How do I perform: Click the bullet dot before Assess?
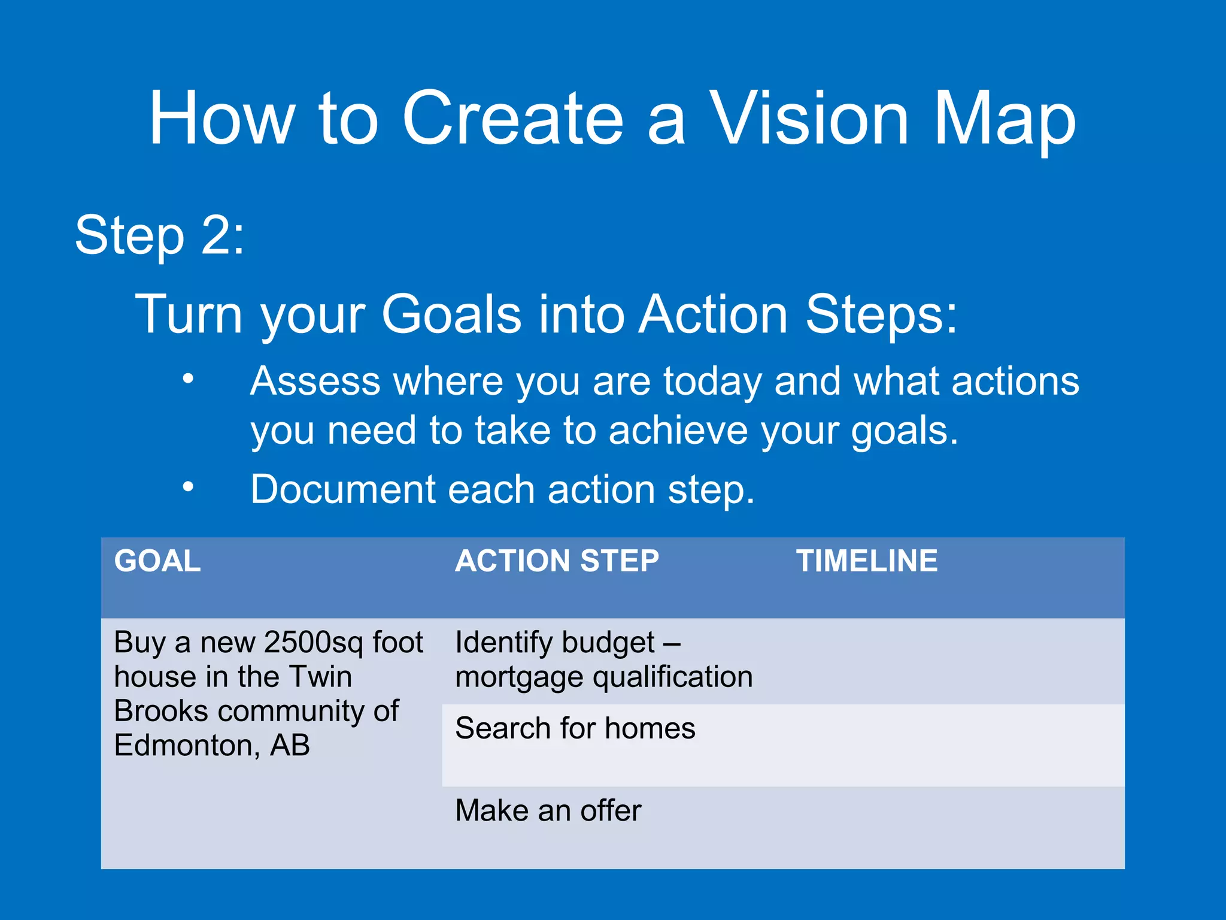click(189, 378)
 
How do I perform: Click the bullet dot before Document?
click(189, 486)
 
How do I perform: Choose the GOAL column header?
click(157, 561)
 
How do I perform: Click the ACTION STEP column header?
click(557, 561)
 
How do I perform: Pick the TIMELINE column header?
click(866, 561)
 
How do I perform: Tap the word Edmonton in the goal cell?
click(186, 746)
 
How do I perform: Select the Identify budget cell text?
click(554, 643)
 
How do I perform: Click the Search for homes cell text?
click(575, 728)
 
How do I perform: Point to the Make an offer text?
click(548, 810)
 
